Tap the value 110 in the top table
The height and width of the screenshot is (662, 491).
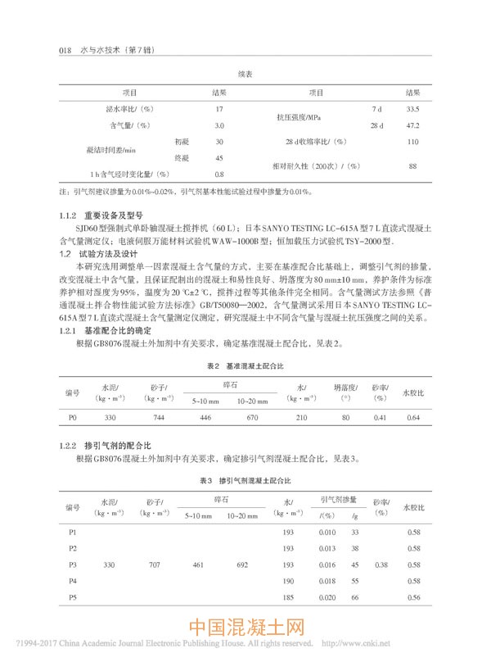pos(412,142)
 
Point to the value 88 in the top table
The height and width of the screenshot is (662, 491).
pos(412,166)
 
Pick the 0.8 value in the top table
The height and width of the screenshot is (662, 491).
pos(219,175)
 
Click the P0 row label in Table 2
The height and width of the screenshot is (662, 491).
pos(72,418)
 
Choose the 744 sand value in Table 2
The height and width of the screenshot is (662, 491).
pos(159,418)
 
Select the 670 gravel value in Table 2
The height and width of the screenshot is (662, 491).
pos(252,418)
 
